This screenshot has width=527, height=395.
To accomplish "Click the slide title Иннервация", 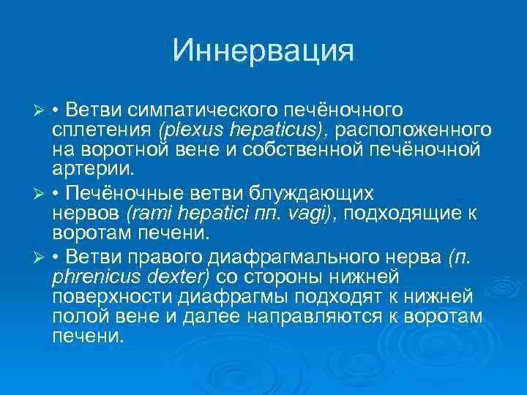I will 263,51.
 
